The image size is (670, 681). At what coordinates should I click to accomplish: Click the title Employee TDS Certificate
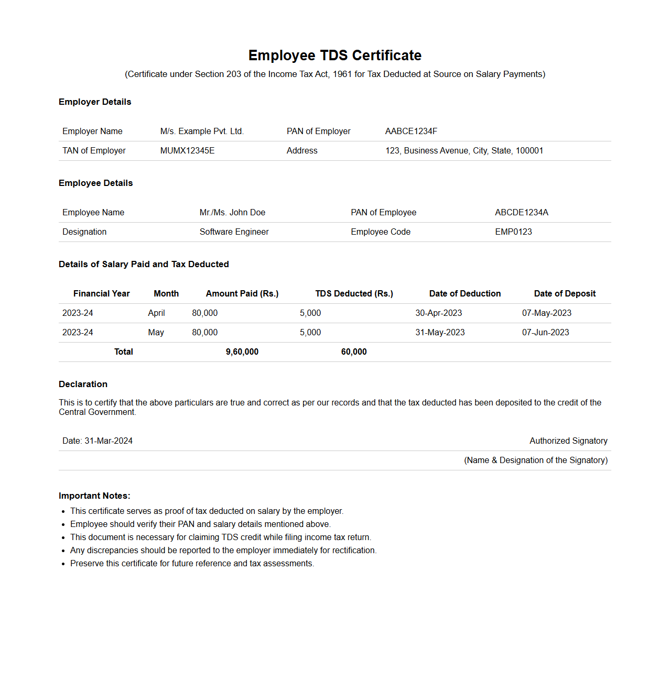[x=334, y=56]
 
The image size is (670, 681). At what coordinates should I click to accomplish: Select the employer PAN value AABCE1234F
[x=411, y=131]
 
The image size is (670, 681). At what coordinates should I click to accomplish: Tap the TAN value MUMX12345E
[x=187, y=151]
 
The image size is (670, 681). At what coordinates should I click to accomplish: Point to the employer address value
[x=464, y=151]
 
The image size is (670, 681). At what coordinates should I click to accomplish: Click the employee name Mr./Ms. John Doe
[x=232, y=213]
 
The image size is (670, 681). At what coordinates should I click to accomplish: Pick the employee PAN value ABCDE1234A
[x=521, y=213]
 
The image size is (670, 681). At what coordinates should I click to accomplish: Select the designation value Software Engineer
[x=234, y=232]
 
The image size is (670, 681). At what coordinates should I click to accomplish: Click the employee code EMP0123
[x=513, y=232]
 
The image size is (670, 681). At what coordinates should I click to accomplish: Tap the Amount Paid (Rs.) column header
[x=242, y=294]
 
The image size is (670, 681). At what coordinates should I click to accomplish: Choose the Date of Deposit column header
[x=565, y=294]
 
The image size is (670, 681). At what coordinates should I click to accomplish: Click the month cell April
[x=156, y=313]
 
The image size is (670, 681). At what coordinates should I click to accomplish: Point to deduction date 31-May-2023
[x=440, y=333]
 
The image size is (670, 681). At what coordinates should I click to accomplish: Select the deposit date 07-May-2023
[x=546, y=313]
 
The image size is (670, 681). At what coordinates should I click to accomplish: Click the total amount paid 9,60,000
[x=242, y=352]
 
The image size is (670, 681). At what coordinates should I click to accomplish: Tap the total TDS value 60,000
[x=354, y=352]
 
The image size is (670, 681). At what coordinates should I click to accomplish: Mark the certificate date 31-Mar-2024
[x=109, y=441]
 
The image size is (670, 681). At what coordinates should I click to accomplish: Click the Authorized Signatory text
[x=568, y=441]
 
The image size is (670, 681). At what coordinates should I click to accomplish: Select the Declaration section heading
[x=83, y=385]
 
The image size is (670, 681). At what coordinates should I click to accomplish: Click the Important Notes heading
[x=94, y=496]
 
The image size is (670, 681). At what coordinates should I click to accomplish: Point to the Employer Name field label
[x=92, y=131]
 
